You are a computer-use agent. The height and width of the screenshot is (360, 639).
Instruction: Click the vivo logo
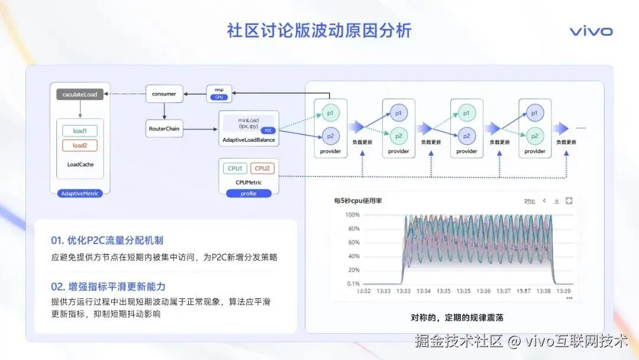[591, 31]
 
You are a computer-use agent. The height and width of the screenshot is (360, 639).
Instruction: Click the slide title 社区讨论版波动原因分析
[319, 31]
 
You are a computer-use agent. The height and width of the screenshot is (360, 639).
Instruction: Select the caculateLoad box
[80, 94]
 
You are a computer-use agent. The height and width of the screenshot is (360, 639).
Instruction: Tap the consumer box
[164, 94]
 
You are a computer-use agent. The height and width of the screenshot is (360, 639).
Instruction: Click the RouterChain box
[164, 128]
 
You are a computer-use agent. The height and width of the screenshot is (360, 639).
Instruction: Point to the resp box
[219, 93]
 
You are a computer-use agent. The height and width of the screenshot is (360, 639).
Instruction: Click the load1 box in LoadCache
[80, 131]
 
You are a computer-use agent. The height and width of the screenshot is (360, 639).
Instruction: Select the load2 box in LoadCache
[80, 146]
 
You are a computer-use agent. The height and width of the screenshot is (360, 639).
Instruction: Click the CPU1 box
[235, 169]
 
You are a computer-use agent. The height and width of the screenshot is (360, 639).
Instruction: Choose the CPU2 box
[262, 169]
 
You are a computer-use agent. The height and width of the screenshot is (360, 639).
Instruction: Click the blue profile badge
[248, 194]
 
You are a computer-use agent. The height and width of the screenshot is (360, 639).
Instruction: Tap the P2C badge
[268, 130]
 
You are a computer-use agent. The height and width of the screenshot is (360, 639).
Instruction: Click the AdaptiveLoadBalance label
[248, 140]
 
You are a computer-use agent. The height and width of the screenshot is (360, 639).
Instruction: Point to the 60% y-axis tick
[353, 242]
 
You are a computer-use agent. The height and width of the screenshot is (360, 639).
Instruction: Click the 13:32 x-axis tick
[364, 291]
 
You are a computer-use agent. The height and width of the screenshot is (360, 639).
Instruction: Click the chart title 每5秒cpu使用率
[358, 201]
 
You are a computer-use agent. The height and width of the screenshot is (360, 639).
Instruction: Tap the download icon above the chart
[557, 201]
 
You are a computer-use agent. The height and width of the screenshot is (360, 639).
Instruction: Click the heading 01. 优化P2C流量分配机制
[107, 240]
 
